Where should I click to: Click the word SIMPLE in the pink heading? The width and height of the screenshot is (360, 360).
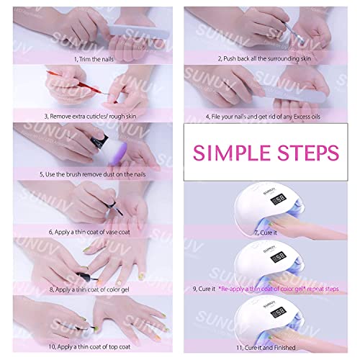(x=238, y=153)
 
